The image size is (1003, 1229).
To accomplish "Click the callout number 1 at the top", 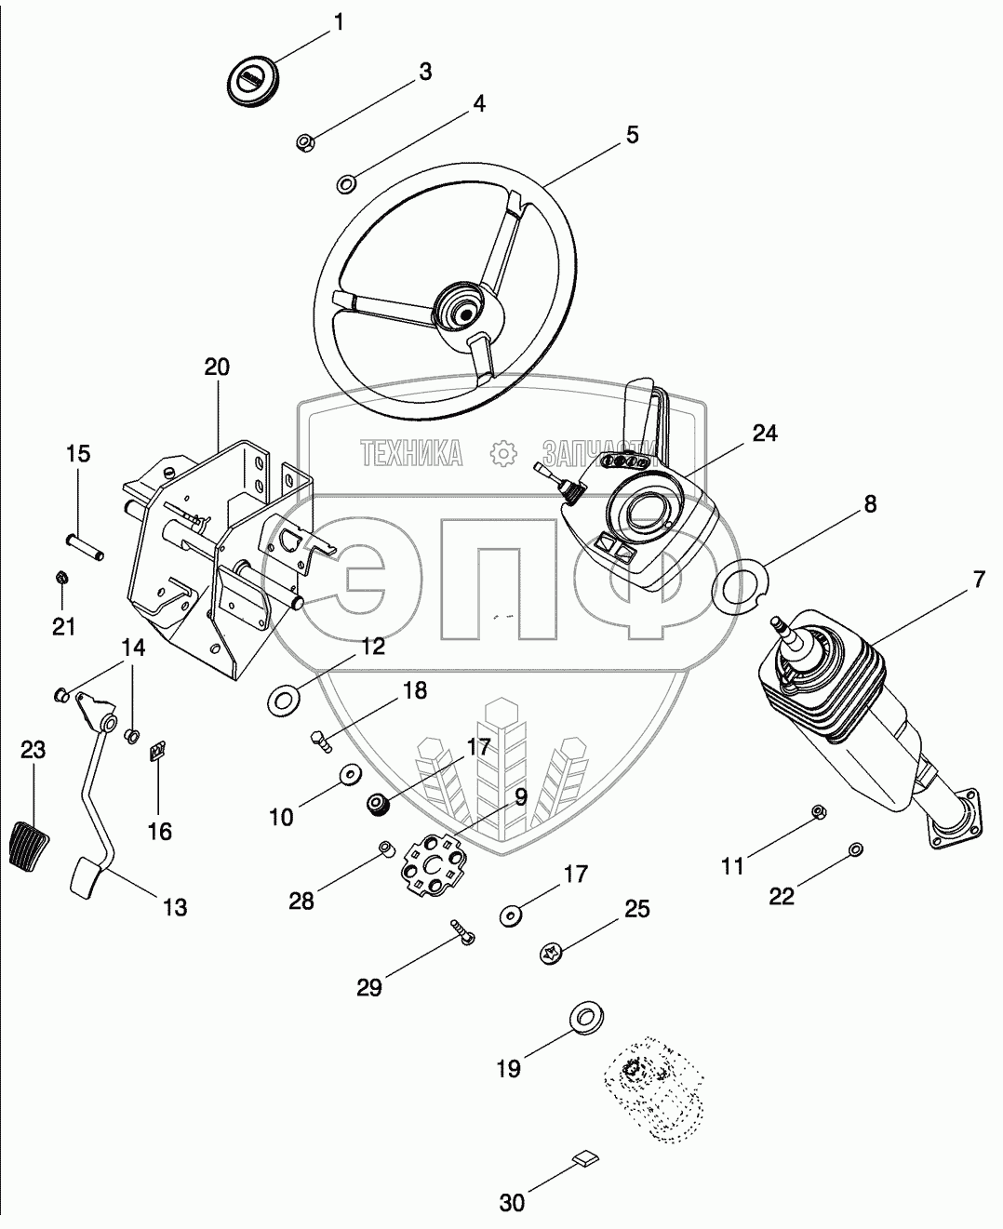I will pos(338,21).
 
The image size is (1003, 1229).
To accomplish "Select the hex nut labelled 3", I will pos(305,142).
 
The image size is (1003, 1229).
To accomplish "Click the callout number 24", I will pos(765,434).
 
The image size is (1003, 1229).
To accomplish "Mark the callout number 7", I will pos(978,580).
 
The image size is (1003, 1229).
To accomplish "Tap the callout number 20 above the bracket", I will pos(216,367).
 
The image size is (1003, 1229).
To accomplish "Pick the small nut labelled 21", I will pos(58,579).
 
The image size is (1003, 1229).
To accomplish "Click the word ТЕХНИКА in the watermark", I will pos(412,453).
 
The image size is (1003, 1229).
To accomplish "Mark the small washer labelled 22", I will pos(856,848).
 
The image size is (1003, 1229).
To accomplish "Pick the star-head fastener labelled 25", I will pos(550,953).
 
